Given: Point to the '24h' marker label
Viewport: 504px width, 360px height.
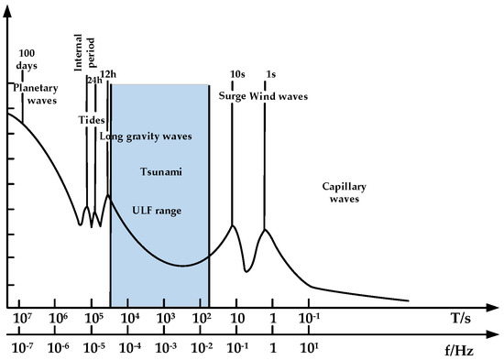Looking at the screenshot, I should [x=93, y=81].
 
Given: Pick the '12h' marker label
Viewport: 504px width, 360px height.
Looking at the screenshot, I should [x=108, y=73].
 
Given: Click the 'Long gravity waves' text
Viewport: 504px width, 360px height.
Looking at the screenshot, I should [x=158, y=136].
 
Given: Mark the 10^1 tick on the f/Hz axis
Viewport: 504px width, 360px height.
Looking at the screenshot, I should [x=309, y=348].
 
